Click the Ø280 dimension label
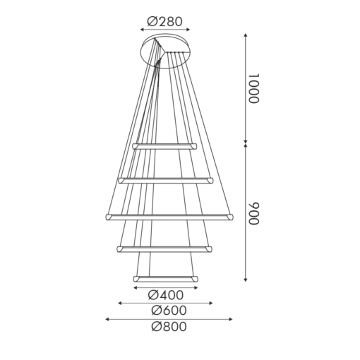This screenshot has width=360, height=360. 166,21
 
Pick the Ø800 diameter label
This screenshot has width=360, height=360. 168,327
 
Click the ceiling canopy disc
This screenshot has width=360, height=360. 166,50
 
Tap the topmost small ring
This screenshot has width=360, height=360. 165,145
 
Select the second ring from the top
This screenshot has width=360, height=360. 166,179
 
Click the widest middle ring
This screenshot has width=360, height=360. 168,215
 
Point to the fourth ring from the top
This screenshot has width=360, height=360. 164,248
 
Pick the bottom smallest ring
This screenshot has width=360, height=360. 165,279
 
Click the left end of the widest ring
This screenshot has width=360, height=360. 108,216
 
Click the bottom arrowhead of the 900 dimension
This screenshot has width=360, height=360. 246,280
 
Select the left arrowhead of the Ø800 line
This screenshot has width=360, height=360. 107,319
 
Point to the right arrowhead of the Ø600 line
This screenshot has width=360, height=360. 211,303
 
